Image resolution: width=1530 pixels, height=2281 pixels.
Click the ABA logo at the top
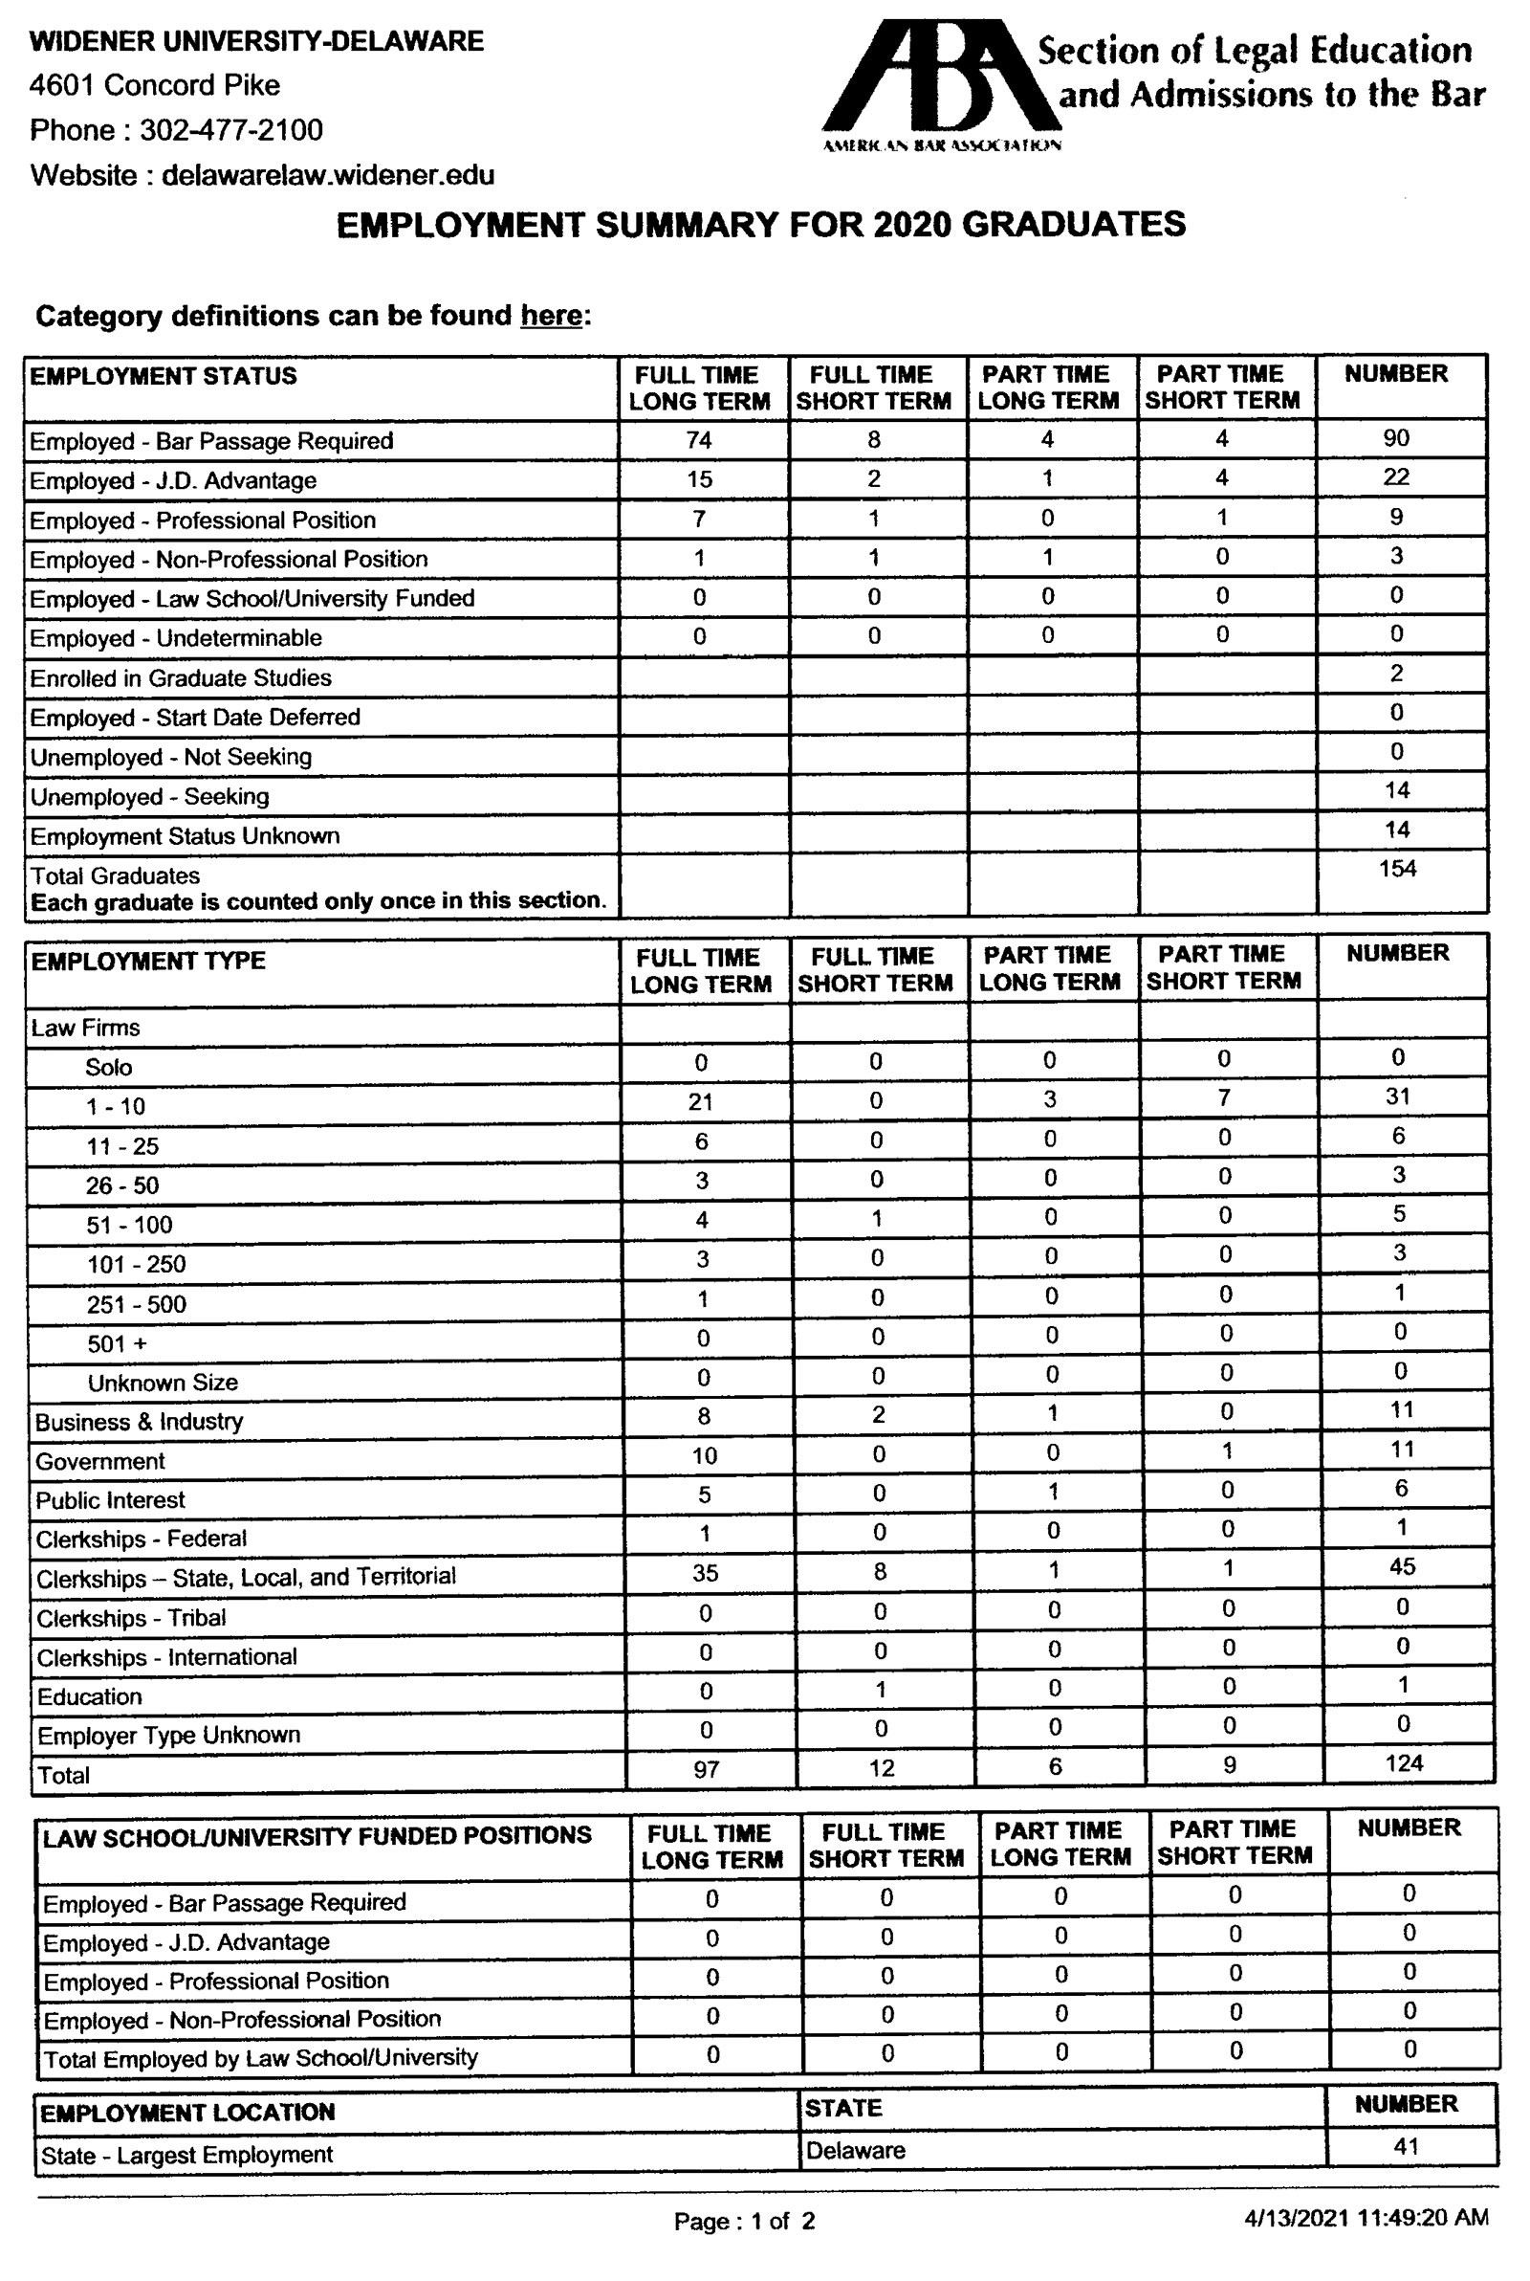942,83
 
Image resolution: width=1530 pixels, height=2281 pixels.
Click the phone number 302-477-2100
231,130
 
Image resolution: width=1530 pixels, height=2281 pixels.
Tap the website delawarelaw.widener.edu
328,176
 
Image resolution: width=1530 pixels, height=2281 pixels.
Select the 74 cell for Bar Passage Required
699,440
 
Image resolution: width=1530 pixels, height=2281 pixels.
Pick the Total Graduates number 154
1397,869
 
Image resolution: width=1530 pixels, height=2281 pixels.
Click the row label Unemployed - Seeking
149,796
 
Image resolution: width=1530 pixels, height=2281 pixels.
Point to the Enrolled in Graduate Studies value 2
1397,674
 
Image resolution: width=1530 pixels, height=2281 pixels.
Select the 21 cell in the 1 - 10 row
701,1102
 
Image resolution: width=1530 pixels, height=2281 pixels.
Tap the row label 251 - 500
136,1304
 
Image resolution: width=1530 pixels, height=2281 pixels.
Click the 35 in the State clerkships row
705,1572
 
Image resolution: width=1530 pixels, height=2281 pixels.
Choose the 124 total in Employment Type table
1403,1762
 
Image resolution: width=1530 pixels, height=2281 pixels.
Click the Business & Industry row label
139,1421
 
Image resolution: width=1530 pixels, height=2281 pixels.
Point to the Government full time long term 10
705,1456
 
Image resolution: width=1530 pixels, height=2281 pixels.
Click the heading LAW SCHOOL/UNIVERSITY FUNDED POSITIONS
317,1835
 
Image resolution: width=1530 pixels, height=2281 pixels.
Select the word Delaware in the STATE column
856,2150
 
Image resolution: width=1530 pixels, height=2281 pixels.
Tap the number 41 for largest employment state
1406,2146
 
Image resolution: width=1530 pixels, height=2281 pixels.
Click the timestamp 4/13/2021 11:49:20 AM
1366,2218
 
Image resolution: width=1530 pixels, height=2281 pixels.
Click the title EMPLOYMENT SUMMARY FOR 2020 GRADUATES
761,226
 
